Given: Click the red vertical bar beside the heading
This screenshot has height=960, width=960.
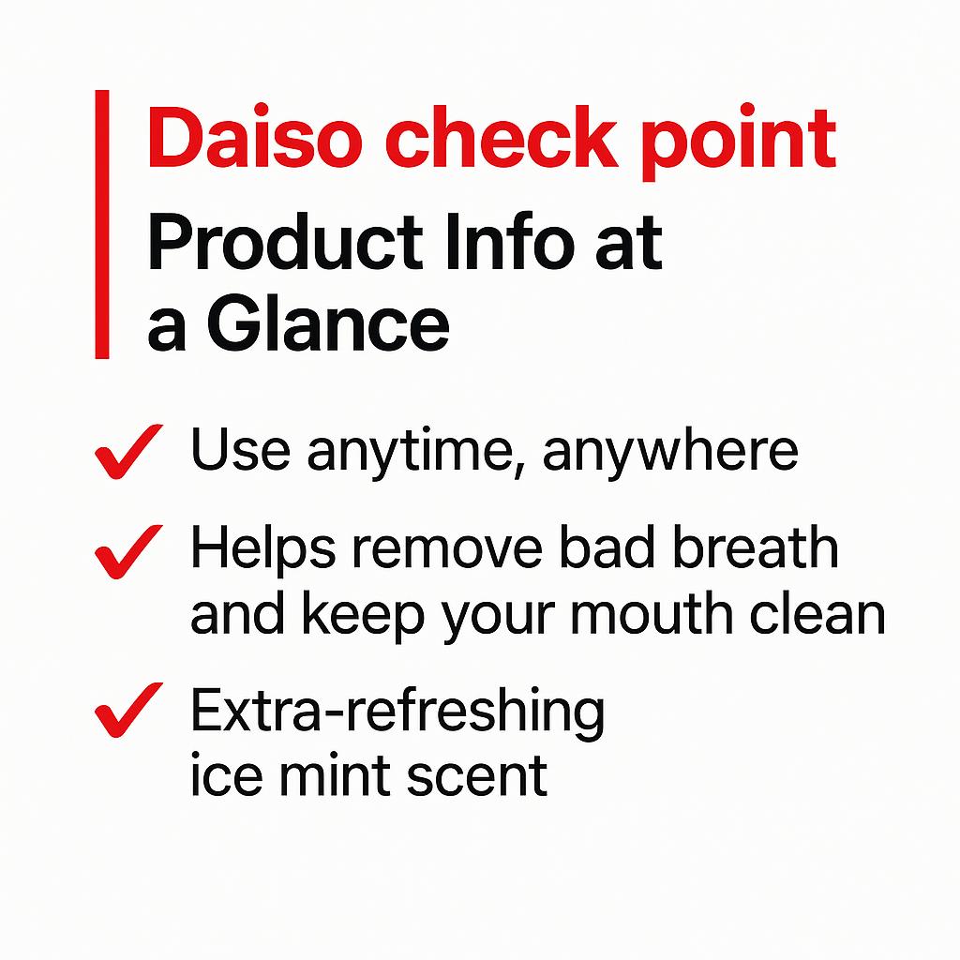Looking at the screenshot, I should (x=102, y=224).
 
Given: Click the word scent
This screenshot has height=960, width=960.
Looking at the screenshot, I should (x=489, y=776).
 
